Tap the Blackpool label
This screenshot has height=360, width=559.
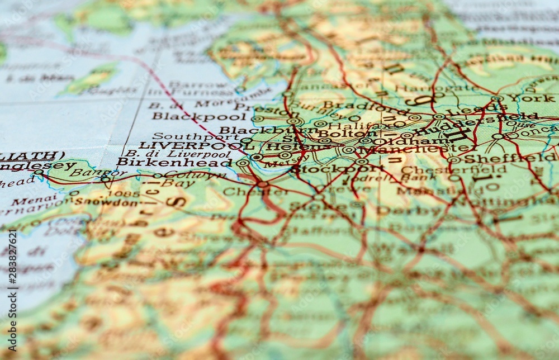click(199, 116)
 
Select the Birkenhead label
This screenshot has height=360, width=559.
click(174, 162)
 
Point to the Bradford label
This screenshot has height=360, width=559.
click(359, 106)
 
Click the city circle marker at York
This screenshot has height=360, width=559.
click(497, 98)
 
